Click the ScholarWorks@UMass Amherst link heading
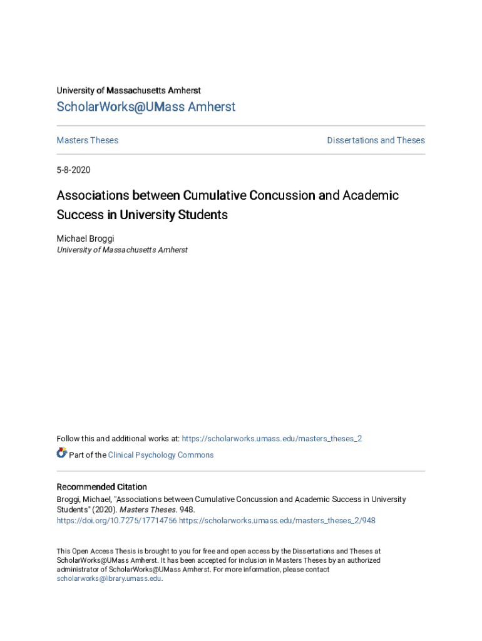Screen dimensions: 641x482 coord(146,107)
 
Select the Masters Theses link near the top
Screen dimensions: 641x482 coord(88,140)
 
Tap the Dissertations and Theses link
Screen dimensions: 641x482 coord(376,140)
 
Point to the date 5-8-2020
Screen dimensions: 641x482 coord(74,170)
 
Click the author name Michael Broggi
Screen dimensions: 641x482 coord(85,238)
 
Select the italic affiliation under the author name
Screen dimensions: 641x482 coord(122,250)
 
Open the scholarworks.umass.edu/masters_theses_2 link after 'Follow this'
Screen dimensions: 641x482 coord(272,439)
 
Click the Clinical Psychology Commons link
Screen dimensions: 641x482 coord(161,455)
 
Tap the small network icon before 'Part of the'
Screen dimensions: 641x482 coord(61,453)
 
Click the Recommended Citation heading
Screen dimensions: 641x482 coord(102,487)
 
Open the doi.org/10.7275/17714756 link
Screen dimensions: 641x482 coord(116,520)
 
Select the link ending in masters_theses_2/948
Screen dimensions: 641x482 coord(277,520)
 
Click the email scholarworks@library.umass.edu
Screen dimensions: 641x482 coord(109,579)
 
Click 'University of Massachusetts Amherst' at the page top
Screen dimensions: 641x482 coord(128,91)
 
